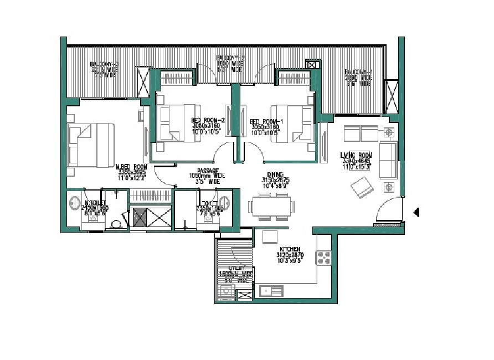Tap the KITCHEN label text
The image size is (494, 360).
[290, 249]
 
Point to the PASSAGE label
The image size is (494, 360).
[209, 171]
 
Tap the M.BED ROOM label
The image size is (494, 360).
[131, 166]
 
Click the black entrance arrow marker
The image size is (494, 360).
[417, 212]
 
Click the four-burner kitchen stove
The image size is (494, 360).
[323, 257]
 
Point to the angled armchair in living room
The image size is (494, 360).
[362, 187]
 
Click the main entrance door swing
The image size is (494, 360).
[387, 210]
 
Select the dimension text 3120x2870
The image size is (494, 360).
[290, 255]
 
